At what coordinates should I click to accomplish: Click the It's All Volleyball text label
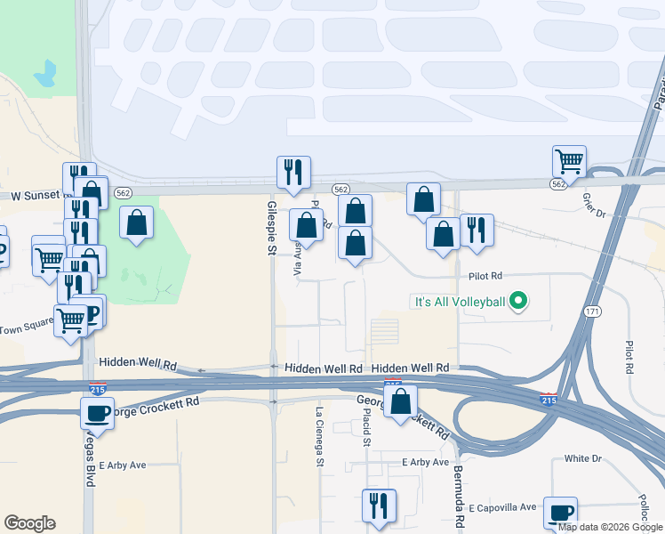(458, 303)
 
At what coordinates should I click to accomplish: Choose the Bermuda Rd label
(459, 497)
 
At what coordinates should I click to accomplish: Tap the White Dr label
(583, 459)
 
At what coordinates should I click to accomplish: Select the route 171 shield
(593, 312)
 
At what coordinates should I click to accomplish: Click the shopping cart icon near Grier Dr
(569, 162)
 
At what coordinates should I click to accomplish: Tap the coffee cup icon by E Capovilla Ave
(560, 513)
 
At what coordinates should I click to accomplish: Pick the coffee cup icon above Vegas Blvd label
(97, 413)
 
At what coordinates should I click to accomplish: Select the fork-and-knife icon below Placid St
(379, 506)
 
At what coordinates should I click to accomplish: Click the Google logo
(29, 523)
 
